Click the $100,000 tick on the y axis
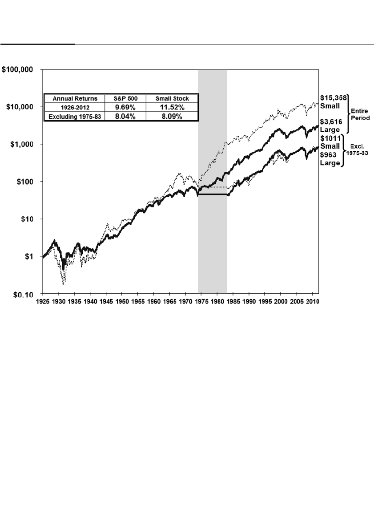pyautogui.click(x=20, y=70)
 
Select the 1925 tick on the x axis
pyautogui.click(x=43, y=301)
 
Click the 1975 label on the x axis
pyautogui.click(x=201, y=301)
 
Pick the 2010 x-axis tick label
pyautogui.click(x=312, y=301)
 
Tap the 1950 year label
pyautogui.click(x=122, y=301)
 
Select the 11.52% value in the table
pyautogui.click(x=173, y=107)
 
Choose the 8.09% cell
pyautogui.click(x=173, y=117)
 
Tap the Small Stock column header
pyautogui.click(x=173, y=98)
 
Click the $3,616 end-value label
pyautogui.click(x=331, y=122)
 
